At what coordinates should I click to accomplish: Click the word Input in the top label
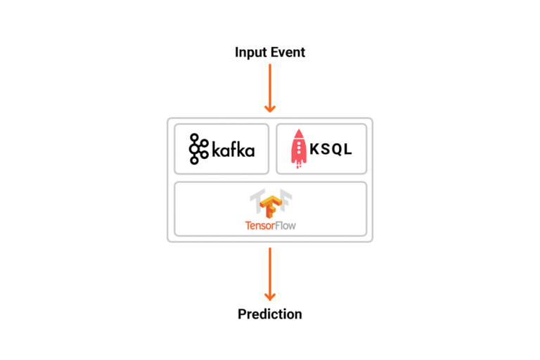pyautogui.click(x=251, y=53)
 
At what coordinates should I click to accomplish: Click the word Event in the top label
pyautogui.click(x=288, y=52)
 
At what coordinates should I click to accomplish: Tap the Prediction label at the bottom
pyautogui.click(x=270, y=314)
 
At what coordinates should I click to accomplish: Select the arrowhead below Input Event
pyautogui.click(x=270, y=108)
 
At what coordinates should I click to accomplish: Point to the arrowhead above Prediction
pyautogui.click(x=270, y=297)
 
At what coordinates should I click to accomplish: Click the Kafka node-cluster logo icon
pyautogui.click(x=199, y=149)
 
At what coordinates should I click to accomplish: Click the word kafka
pyautogui.click(x=233, y=150)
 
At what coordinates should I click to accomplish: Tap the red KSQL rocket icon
pyautogui.click(x=299, y=149)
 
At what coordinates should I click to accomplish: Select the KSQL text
pyautogui.click(x=330, y=149)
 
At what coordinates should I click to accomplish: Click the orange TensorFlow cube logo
pyautogui.click(x=271, y=206)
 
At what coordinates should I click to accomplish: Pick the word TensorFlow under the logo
pyautogui.click(x=270, y=226)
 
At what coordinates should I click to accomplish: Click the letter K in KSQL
pyautogui.click(x=314, y=149)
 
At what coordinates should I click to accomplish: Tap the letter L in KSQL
pyautogui.click(x=347, y=149)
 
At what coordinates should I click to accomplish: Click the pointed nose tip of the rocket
pyautogui.click(x=299, y=129)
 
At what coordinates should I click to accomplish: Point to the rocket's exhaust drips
pyautogui.click(x=299, y=165)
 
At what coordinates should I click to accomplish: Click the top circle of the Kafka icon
pyautogui.click(x=195, y=137)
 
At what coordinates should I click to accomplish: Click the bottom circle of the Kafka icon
pyautogui.click(x=194, y=160)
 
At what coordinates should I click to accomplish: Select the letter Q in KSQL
pyautogui.click(x=337, y=150)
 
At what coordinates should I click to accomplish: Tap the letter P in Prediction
pyautogui.click(x=242, y=314)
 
